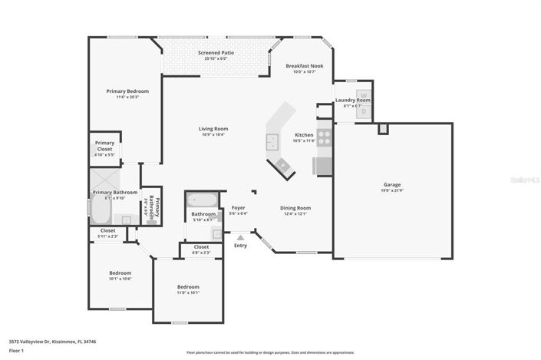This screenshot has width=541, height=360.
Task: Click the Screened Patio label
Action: pos(216,52)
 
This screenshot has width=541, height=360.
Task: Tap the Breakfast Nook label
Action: pos(305,66)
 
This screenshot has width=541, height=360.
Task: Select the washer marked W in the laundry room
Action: pos(364,96)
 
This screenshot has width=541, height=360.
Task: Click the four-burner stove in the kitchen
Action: pos(324,138)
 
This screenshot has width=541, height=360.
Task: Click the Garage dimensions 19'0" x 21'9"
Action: pos(392,190)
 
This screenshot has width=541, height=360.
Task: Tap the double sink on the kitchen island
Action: pos(272,141)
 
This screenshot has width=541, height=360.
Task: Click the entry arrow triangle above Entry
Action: pos(240,237)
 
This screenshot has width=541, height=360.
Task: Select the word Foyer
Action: pos(238,207)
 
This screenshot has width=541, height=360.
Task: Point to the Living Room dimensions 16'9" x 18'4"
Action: pos(214,135)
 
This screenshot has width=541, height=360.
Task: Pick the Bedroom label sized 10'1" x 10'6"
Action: pos(120,272)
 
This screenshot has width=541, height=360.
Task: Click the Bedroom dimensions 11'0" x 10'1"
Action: pos(188,292)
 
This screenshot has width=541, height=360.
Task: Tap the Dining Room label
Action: pos(295,207)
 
